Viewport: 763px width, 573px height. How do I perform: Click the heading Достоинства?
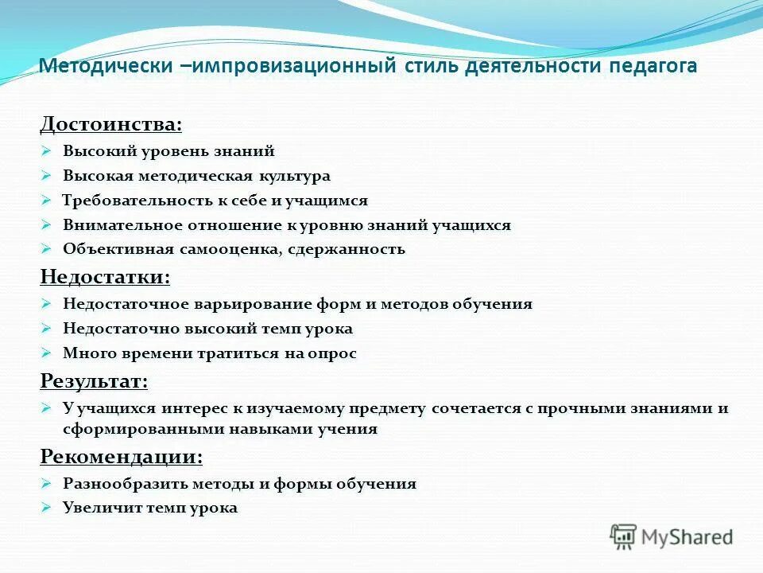click(x=110, y=124)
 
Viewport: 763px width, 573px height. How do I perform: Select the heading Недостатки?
click(x=106, y=276)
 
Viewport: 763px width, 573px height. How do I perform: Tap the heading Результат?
click(x=94, y=381)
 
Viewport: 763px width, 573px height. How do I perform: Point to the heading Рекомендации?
click(x=121, y=456)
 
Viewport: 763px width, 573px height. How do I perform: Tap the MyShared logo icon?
click(x=623, y=536)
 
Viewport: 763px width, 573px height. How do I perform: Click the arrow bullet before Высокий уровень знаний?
click(x=46, y=150)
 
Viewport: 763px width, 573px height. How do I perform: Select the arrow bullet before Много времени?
click(x=46, y=353)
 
